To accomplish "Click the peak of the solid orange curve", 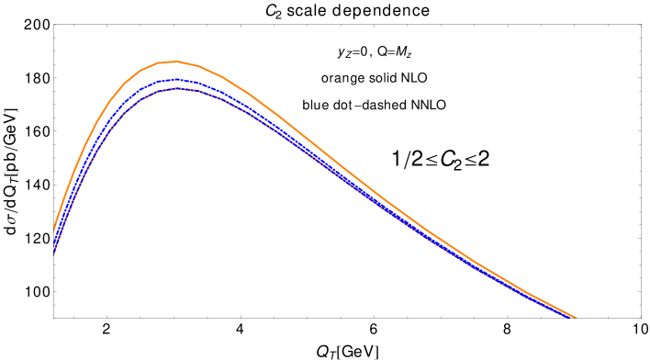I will coord(174,62).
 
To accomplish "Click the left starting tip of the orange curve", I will coord(54,229).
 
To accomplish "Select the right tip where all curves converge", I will coord(576,318).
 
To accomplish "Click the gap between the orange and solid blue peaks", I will coord(174,71).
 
